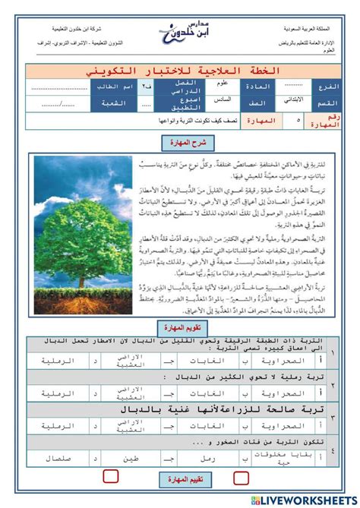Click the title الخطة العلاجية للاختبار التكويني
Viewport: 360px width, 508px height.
pos(180,71)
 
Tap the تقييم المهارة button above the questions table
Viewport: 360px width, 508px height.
pos(180,328)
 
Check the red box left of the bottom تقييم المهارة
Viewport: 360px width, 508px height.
pos(111,477)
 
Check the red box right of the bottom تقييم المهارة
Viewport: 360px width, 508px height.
pos(242,477)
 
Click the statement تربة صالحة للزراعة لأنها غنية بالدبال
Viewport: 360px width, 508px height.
pos(190,411)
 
